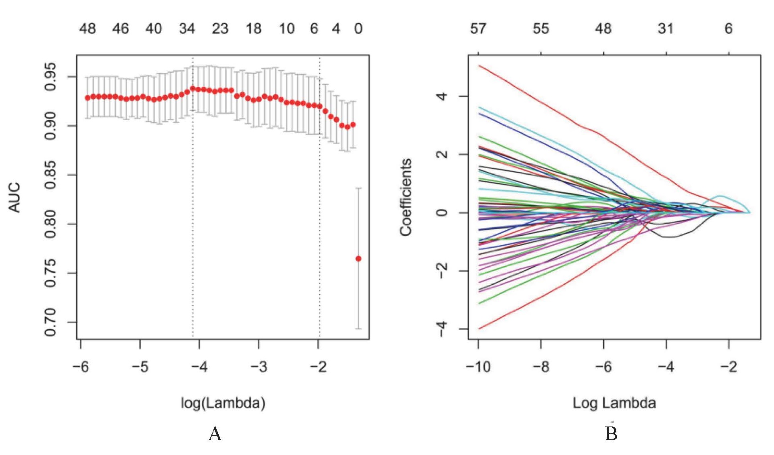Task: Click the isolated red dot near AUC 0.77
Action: tap(358, 259)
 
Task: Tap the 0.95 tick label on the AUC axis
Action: tap(51, 77)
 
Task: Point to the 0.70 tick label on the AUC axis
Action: tap(51, 322)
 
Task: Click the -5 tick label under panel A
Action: tap(140, 366)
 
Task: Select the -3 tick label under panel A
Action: tap(258, 366)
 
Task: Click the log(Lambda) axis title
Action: tap(223, 402)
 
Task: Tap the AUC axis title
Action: tap(14, 197)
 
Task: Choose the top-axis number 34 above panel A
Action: tap(187, 29)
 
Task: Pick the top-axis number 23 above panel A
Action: tap(220, 29)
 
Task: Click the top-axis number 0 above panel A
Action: tap(358, 29)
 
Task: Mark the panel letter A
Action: tap(215, 434)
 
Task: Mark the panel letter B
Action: tap(611, 434)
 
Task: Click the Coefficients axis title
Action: tap(406, 197)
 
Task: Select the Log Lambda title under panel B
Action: tap(614, 402)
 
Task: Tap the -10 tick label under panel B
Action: tap(478, 366)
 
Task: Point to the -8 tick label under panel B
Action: tap(540, 366)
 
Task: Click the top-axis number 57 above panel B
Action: tap(478, 29)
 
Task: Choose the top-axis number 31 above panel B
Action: tap(666, 29)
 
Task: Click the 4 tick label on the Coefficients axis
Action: tap(442, 96)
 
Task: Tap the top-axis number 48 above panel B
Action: tap(603, 29)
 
